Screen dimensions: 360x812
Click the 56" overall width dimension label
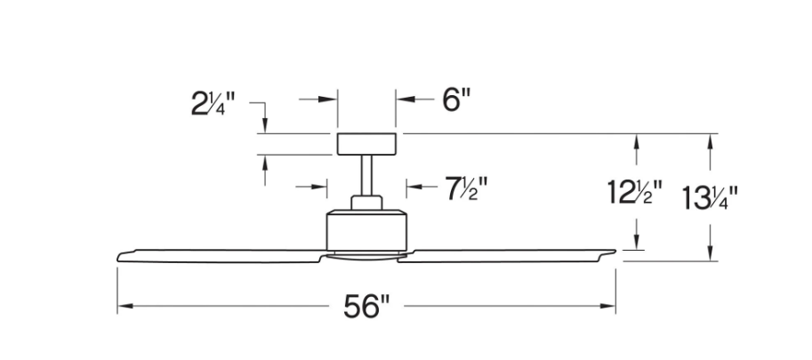coord(367,308)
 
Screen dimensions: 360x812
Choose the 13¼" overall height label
coord(711,195)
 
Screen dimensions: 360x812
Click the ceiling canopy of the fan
coord(366,142)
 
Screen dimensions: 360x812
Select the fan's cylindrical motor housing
coord(366,229)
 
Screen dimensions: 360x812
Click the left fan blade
coord(222,253)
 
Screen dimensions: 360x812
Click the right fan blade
coord(511,253)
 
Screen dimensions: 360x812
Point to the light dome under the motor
coord(366,256)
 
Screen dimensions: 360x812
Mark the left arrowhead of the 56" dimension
coord(125,308)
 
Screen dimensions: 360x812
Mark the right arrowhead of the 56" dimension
coord(609,308)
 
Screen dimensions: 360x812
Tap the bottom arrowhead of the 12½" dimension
coord(636,245)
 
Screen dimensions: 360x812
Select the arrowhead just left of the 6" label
coord(403,100)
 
